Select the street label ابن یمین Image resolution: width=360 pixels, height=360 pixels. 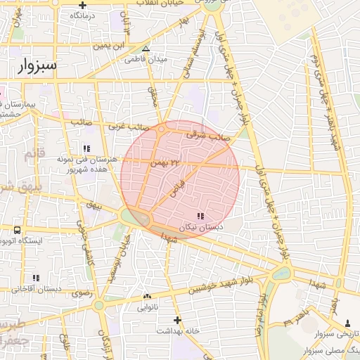click(111, 46)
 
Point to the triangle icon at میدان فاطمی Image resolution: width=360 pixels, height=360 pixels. click(146, 49)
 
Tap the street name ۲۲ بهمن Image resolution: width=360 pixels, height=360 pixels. click(165, 162)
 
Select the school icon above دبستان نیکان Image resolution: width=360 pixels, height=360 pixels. click(200, 216)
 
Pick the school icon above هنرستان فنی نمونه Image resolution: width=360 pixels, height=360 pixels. click(86, 148)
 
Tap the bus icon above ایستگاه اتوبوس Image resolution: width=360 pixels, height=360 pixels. click(17, 230)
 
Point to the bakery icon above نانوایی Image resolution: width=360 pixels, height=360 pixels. click(147, 297)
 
